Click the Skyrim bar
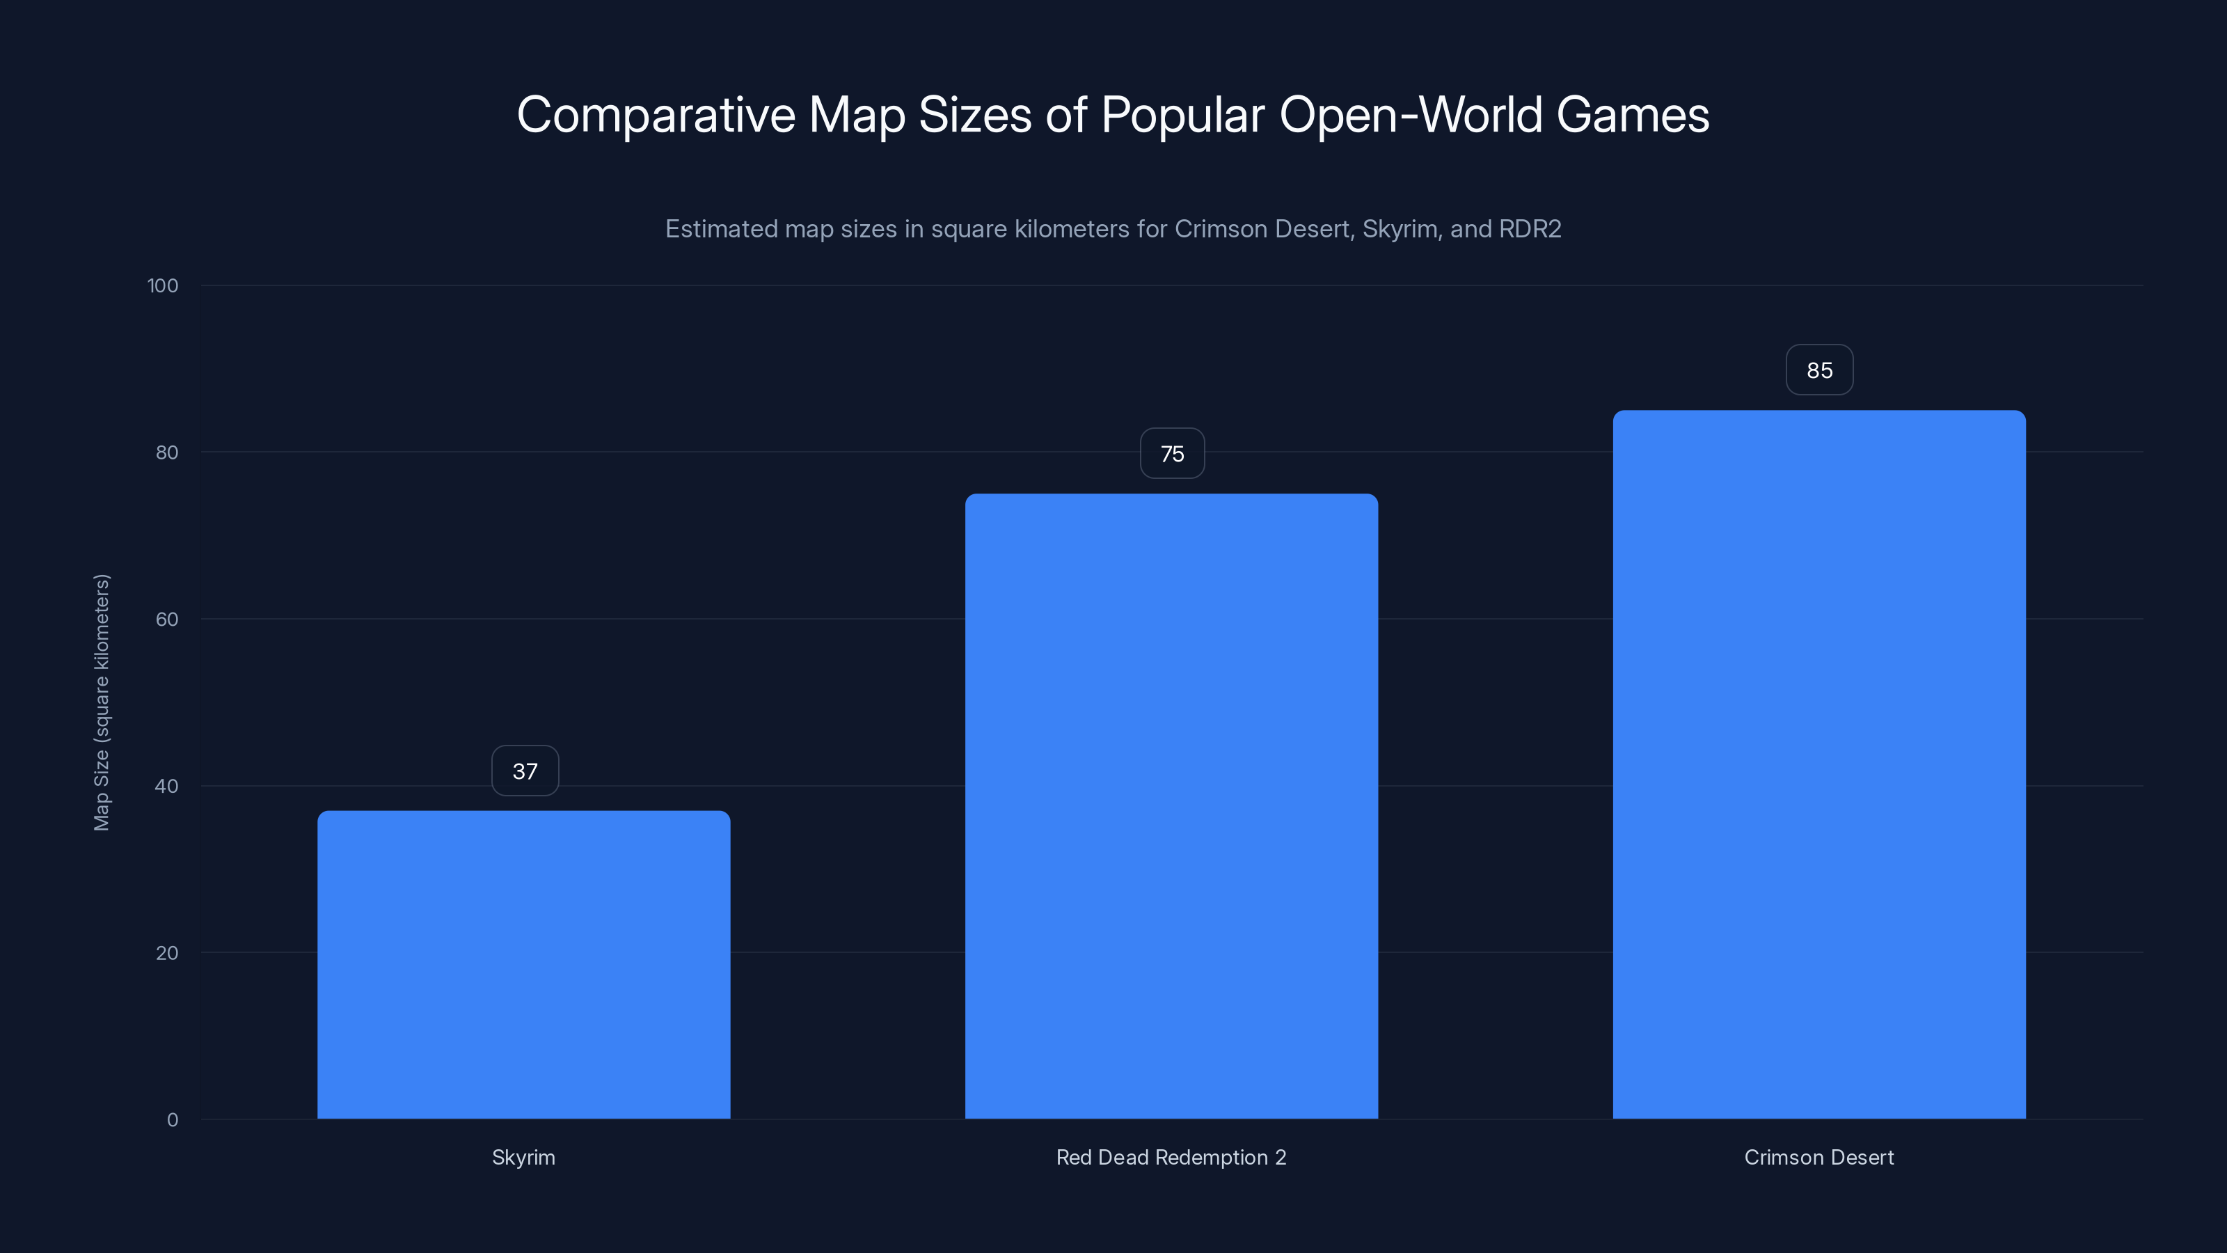click(x=523, y=964)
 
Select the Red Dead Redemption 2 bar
click(x=1171, y=806)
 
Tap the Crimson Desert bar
click(x=1819, y=764)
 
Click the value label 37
click(x=525, y=771)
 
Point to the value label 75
click(x=1172, y=453)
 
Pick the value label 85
click(x=1819, y=370)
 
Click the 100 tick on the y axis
click(x=163, y=285)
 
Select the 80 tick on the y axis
click(x=167, y=452)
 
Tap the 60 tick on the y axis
click(x=167, y=619)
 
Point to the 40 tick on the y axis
click(x=167, y=786)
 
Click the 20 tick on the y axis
click(x=167, y=953)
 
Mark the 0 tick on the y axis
click(x=173, y=1120)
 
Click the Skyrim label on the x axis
click(x=523, y=1157)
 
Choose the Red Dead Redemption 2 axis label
click(x=1171, y=1157)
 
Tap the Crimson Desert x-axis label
click(x=1819, y=1157)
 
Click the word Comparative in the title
click(x=656, y=115)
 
